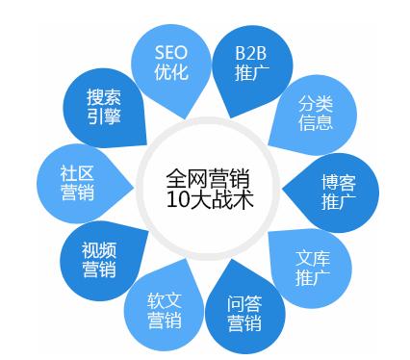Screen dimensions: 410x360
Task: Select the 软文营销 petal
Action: click(x=164, y=310)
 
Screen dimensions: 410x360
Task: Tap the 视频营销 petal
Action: click(x=98, y=259)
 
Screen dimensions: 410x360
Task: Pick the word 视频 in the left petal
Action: click(x=98, y=248)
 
